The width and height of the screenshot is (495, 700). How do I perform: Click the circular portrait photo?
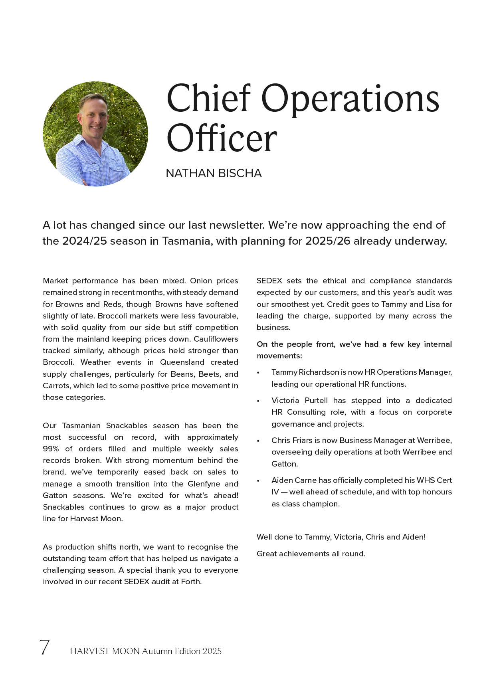[x=95, y=134]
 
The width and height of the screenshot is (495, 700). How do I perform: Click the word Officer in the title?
[x=222, y=138]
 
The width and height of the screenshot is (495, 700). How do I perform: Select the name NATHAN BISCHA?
[x=214, y=173]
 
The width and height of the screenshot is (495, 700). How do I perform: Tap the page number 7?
[x=44, y=647]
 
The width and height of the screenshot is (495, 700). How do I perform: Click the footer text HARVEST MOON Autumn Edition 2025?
[x=146, y=651]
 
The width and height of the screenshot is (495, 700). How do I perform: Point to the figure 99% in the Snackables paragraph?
[x=51, y=449]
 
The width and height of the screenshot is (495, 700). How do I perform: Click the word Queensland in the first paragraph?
[x=182, y=362]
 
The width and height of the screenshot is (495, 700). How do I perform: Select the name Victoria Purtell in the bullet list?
[x=299, y=401]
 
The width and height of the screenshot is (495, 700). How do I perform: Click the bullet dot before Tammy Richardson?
[x=258, y=373]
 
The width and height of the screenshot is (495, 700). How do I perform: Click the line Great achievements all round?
[x=311, y=554]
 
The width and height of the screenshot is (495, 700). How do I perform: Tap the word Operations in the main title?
[x=350, y=99]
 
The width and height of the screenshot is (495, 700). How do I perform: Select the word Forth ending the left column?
[x=191, y=582]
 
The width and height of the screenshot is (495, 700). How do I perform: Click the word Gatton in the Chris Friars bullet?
[x=284, y=464]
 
